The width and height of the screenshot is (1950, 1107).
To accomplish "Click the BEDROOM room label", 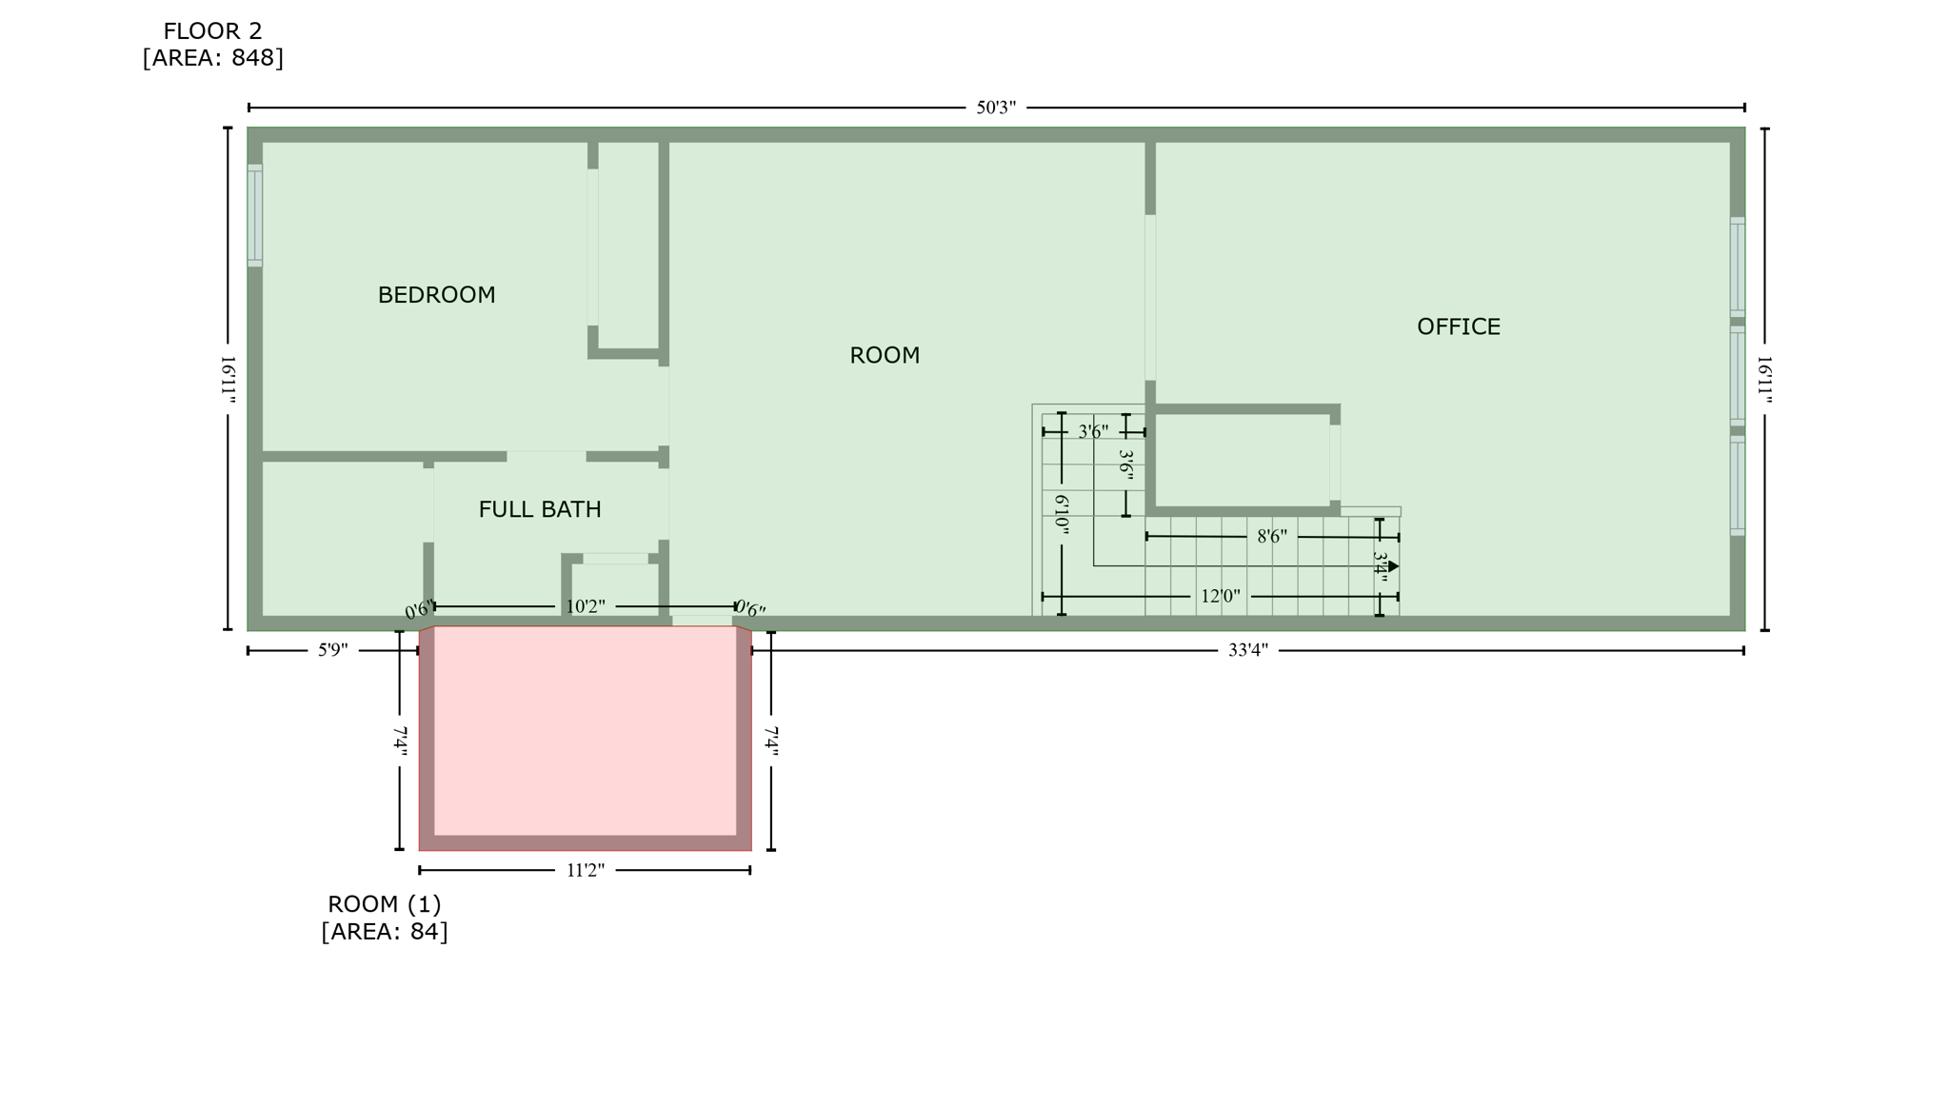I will tap(436, 295).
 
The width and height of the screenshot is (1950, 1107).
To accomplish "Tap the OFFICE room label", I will tap(1458, 327).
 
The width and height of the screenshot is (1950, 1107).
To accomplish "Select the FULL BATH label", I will tap(539, 509).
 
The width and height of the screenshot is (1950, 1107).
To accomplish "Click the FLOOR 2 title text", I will tap(212, 31).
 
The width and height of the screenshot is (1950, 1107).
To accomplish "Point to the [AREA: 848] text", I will tap(212, 58).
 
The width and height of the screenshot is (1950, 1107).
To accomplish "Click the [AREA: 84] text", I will tap(384, 931).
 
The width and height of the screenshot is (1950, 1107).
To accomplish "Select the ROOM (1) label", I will tap(384, 904).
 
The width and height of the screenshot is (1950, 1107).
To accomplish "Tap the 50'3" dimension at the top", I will tap(995, 108).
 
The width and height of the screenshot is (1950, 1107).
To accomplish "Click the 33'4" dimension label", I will tap(1247, 650).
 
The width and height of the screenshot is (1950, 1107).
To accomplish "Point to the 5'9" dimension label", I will tap(332, 650).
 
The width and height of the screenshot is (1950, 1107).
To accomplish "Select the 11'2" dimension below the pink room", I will tap(585, 870).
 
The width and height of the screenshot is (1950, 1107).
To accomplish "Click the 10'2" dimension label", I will tap(585, 606).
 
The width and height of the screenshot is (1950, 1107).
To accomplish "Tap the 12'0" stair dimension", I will tap(1220, 597).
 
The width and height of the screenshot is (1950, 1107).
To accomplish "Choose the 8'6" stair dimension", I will tap(1271, 537).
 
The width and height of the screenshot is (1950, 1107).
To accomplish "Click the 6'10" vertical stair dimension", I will tap(1062, 514).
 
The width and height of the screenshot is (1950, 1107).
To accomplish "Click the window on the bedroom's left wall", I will tap(254, 215).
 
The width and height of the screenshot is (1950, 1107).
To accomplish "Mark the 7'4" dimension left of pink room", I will tap(400, 741).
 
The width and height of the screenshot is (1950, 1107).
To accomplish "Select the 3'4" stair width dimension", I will tap(1380, 567).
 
